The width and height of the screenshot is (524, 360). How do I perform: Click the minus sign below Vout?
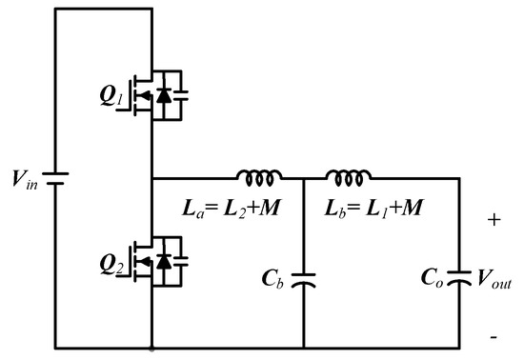494,338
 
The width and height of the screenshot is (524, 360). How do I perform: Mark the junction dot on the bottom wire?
152,349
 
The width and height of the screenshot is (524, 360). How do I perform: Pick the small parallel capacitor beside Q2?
182,259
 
